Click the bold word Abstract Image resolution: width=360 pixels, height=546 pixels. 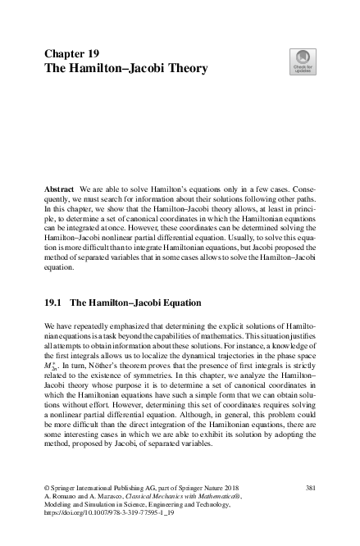point(61,188)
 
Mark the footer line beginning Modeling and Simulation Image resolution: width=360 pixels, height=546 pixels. point(148,508)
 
